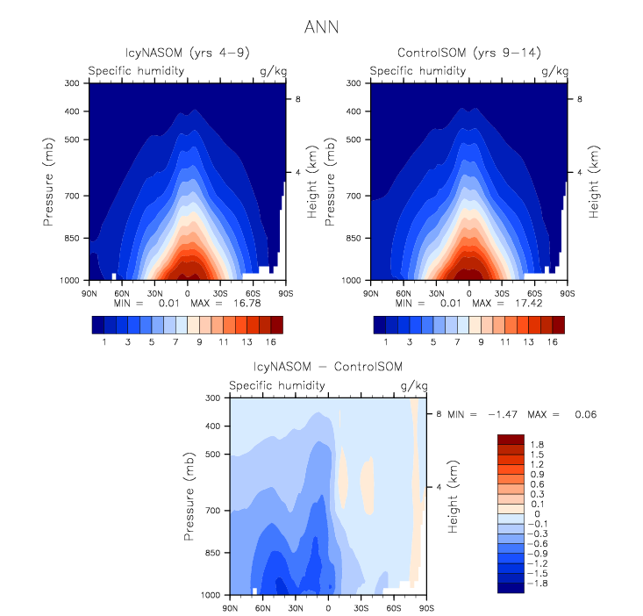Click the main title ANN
pos(320,28)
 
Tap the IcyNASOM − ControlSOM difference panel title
pos(327,366)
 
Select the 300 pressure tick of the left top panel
pos(72,83)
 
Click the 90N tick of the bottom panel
pos(231,606)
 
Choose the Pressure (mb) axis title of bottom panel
pos(189,496)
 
